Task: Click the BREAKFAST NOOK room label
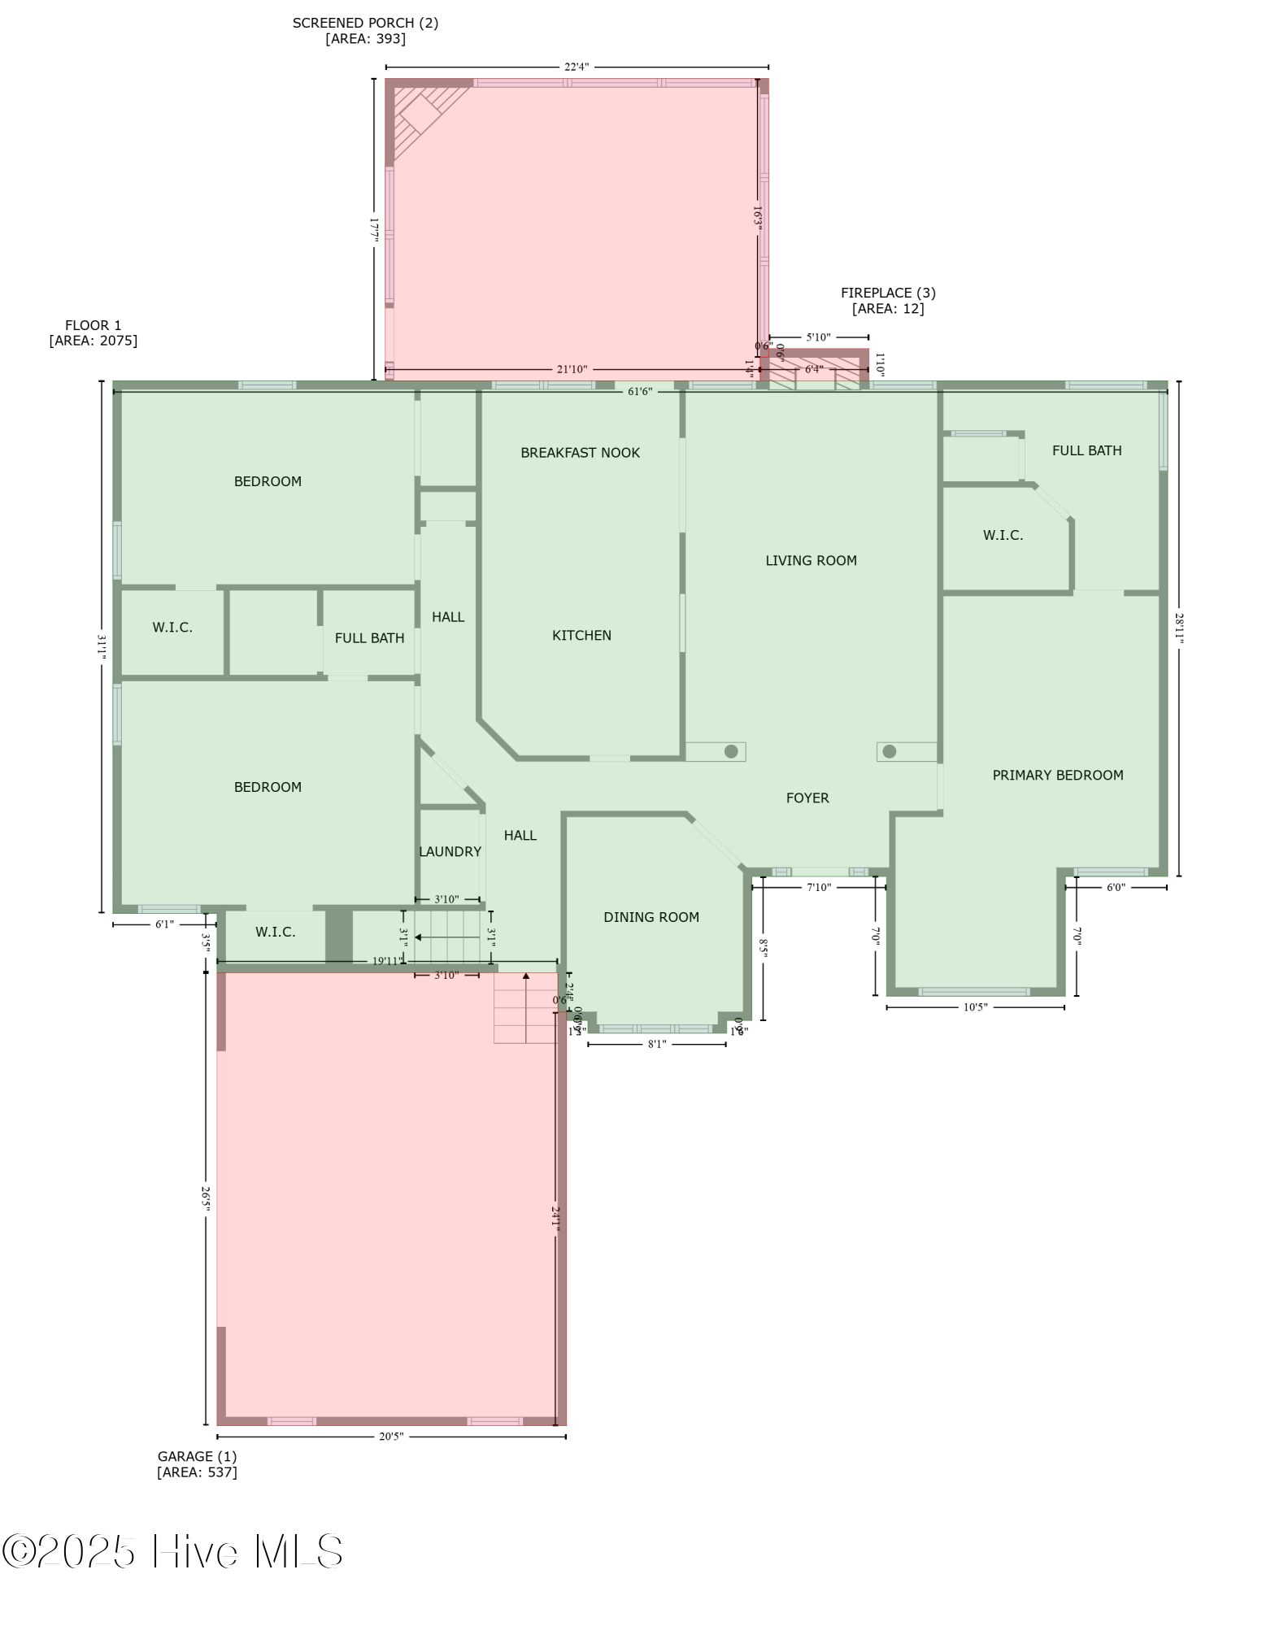click(x=580, y=453)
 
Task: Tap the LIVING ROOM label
click(x=811, y=560)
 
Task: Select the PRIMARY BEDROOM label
click(x=1057, y=775)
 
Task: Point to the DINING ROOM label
click(x=651, y=917)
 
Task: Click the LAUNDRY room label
click(x=450, y=851)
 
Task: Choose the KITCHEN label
click(x=581, y=635)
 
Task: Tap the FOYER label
click(x=807, y=798)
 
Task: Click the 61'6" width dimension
click(x=639, y=392)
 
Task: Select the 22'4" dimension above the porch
click(x=576, y=67)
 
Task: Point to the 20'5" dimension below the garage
click(x=390, y=1437)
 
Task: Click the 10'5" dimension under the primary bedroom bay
click(x=974, y=1007)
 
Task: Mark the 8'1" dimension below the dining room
click(x=656, y=1044)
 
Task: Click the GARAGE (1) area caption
click(x=197, y=1463)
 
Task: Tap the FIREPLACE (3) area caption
click(x=887, y=300)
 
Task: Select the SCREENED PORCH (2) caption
click(x=365, y=30)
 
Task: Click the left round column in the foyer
click(x=731, y=751)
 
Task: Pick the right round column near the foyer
click(x=889, y=751)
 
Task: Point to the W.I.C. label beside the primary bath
click(x=1003, y=535)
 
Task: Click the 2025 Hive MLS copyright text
click(x=172, y=1551)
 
